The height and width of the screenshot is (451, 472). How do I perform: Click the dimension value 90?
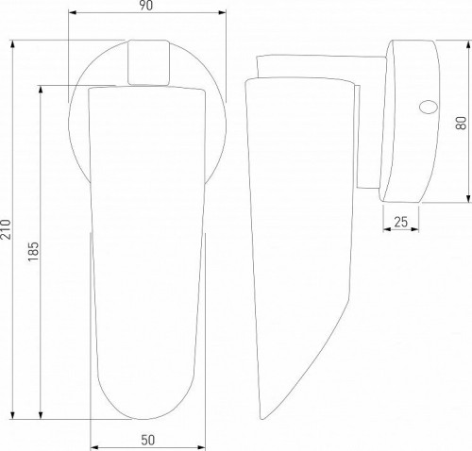coord(146,6)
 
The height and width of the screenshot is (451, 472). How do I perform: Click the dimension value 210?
coord(6,229)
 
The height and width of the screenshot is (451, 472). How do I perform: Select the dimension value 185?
coord(33,251)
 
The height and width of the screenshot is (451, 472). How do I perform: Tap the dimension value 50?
coord(148,440)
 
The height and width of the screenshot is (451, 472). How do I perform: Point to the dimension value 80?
coord(461,123)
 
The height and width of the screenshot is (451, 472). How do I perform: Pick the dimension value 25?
coord(401,222)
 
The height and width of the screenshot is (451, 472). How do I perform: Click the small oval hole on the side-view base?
coord(429,107)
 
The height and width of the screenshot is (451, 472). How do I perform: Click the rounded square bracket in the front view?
coord(148,62)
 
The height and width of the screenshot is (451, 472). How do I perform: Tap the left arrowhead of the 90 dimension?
coord(73,12)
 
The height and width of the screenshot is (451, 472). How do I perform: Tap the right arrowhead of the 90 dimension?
coord(222,12)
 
